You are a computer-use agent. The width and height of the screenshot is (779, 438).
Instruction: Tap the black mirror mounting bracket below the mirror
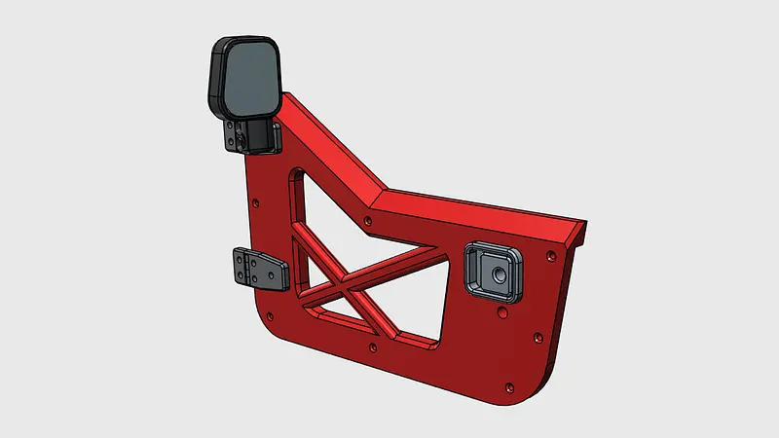251,135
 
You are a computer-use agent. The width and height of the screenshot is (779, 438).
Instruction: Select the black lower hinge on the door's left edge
257,268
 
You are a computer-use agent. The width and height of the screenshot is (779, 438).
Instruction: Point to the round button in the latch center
497,274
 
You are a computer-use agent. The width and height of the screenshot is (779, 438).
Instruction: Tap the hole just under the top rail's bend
368,222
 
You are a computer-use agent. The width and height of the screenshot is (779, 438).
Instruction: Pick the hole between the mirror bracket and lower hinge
255,203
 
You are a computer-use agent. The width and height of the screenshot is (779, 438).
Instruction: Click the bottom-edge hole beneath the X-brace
374,347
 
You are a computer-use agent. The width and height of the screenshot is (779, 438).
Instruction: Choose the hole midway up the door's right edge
537,338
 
